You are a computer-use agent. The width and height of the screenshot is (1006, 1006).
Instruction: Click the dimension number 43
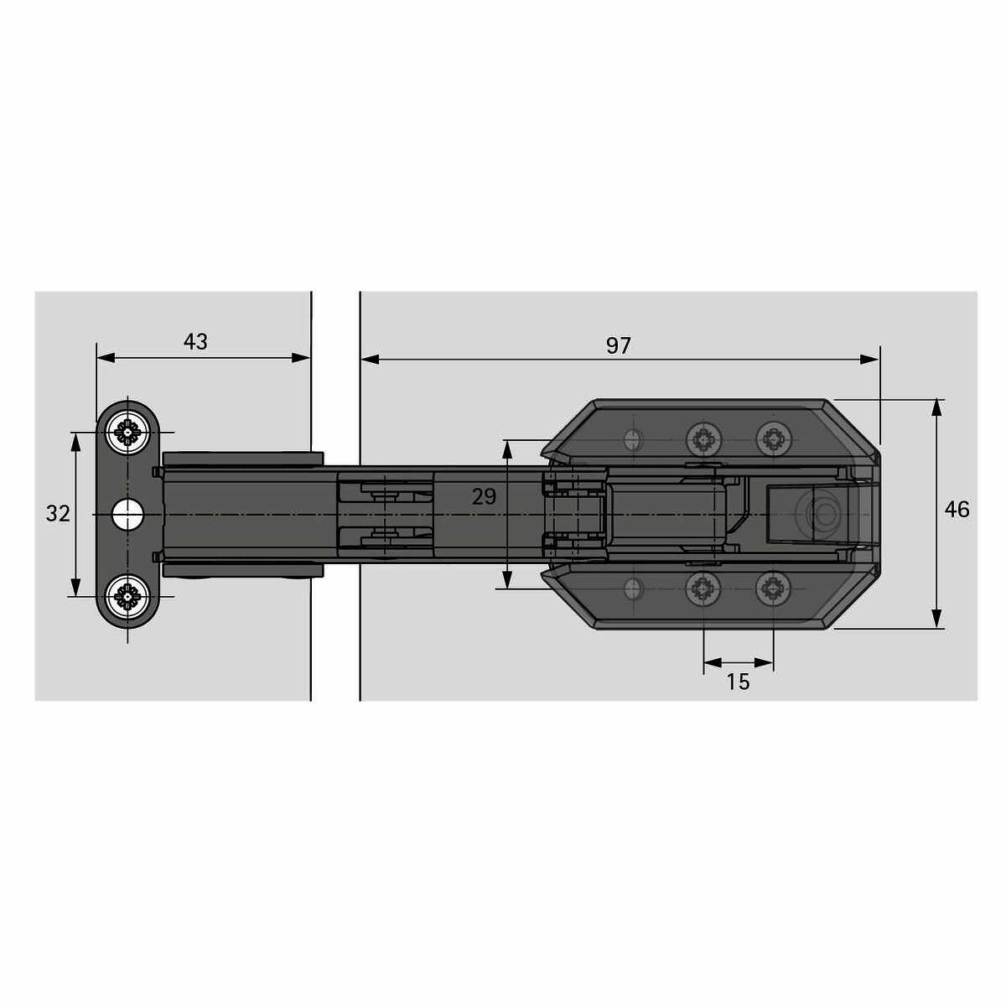[195, 341]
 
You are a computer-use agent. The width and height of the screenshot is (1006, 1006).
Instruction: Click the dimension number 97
[618, 345]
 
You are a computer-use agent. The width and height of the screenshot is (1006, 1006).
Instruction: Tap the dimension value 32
[58, 514]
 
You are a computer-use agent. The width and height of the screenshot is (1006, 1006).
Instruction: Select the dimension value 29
[484, 496]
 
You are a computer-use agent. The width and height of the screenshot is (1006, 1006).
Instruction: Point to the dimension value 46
[957, 510]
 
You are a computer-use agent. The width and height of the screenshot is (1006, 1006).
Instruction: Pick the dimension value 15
[738, 682]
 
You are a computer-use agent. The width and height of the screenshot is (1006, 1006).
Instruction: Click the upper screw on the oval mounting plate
[127, 433]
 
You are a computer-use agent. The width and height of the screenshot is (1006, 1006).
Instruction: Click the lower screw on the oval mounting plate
[127, 596]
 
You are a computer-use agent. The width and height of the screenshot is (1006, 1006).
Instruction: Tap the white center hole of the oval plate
[127, 514]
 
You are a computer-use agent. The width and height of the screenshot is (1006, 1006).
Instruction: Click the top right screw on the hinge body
[773, 439]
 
